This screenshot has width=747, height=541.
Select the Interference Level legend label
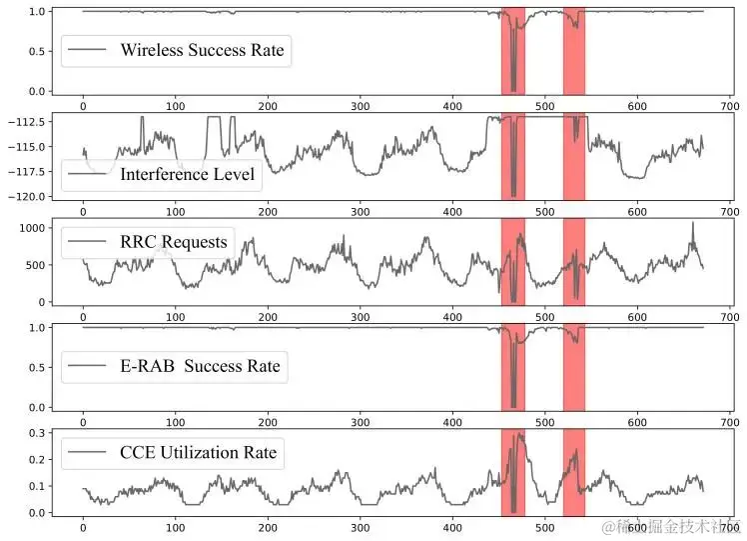coord(187,174)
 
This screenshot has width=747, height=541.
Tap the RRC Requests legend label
coord(173,241)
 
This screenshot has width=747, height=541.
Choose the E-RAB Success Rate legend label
coord(200,367)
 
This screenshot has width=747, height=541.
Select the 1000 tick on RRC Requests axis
coord(33,228)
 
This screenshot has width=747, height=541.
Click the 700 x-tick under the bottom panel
coord(728,527)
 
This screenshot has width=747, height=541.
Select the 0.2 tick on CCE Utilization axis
coord(37,460)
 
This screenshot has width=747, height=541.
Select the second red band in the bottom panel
coord(574,470)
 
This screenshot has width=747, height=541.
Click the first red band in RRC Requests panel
coord(512,262)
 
